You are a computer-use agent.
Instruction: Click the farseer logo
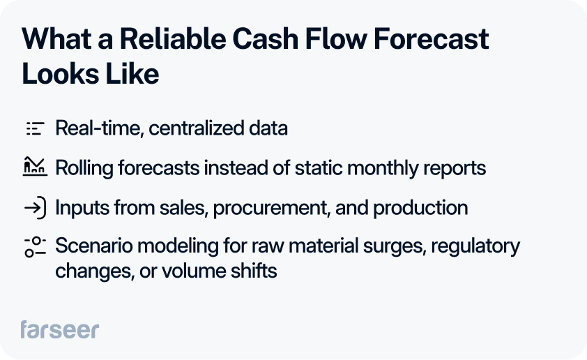pyautogui.click(x=59, y=329)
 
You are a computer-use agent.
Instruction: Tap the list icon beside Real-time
pyautogui.click(x=34, y=128)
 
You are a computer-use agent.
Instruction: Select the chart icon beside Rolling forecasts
pyautogui.click(x=34, y=167)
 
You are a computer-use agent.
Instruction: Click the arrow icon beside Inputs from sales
pyautogui.click(x=34, y=207)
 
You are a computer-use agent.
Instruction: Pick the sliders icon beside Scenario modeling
pyautogui.click(x=34, y=247)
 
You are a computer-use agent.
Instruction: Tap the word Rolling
pyautogui.click(x=81, y=168)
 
